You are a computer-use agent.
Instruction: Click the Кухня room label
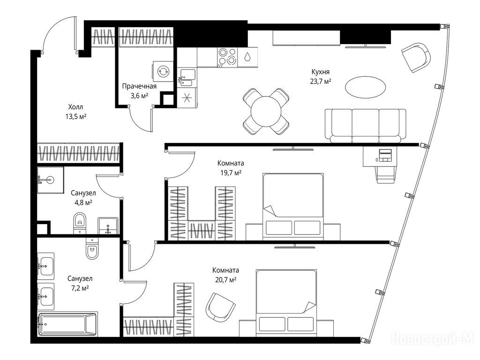coord(320,72)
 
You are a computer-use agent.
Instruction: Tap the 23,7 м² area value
coord(321,82)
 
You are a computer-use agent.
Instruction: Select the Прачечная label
coord(139,86)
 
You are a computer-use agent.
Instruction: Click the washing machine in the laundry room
coord(163,71)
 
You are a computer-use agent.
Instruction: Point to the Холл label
coord(75,107)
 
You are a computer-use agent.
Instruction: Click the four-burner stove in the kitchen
coord(227,57)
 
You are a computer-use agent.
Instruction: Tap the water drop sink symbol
coord(247,57)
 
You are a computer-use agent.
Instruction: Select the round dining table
coord(266,111)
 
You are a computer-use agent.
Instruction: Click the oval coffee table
coord(365,87)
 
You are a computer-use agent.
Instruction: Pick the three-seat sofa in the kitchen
coord(366,126)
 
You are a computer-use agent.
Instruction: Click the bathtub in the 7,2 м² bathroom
coord(67,324)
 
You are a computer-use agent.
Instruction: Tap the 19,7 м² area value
coord(231,173)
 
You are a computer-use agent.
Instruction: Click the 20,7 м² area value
coord(225,280)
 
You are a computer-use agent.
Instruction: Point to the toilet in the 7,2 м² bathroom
coord(92,248)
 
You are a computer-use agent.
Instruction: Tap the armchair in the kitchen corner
coord(416,57)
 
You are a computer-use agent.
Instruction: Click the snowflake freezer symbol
coord(187,97)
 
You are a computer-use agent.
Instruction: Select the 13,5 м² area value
coord(75,117)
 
